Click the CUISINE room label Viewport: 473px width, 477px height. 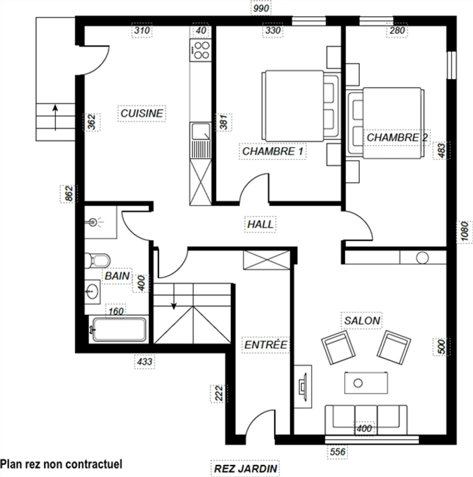[142, 113]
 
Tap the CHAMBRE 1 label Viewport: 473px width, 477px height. [273, 151]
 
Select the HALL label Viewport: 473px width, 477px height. [260, 224]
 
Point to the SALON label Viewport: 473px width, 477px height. [362, 320]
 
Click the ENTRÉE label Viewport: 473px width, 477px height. [266, 345]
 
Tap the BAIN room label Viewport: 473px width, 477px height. [117, 276]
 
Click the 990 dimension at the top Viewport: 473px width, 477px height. [261, 9]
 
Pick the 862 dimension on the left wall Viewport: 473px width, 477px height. [69, 193]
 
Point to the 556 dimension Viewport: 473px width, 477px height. [337, 452]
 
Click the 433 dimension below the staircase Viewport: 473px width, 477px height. [145, 362]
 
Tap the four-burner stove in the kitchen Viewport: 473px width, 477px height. [201, 50]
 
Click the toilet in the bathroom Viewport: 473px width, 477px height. [97, 260]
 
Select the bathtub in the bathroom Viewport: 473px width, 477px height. [119, 330]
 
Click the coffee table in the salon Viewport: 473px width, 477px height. [366, 383]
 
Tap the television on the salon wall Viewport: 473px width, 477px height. [303, 386]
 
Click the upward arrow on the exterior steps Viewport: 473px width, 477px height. [55, 117]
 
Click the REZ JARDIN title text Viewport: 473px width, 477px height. [245, 468]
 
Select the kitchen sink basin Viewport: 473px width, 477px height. [201, 131]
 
